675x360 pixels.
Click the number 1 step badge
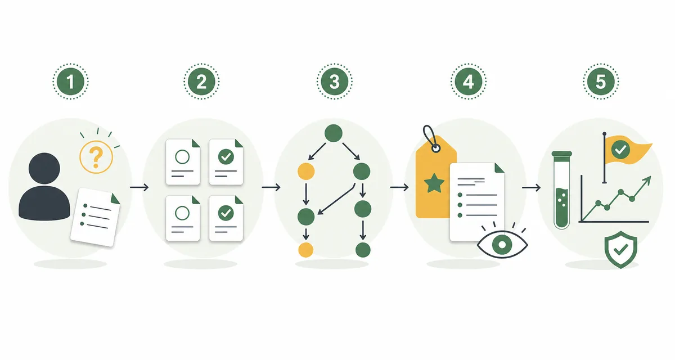(70, 82)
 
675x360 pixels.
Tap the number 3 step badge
(334, 82)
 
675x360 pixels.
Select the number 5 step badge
(601, 82)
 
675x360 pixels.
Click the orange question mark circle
(96, 157)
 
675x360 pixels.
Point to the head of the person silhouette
(44, 168)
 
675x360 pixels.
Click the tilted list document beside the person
(95, 217)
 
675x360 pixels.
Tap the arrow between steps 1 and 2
(139, 187)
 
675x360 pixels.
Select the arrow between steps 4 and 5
(531, 187)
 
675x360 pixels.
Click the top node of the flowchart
(333, 133)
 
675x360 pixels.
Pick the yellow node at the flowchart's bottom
(306, 250)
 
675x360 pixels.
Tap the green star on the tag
(434, 183)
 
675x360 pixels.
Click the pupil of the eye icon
(502, 244)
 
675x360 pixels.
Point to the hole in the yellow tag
(436, 148)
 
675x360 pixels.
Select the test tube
(562, 190)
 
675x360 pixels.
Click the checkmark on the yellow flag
(620, 150)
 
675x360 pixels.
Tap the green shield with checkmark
(621, 249)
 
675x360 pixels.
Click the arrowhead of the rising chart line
(647, 181)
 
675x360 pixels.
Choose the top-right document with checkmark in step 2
(226, 162)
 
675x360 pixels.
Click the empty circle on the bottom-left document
(182, 213)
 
